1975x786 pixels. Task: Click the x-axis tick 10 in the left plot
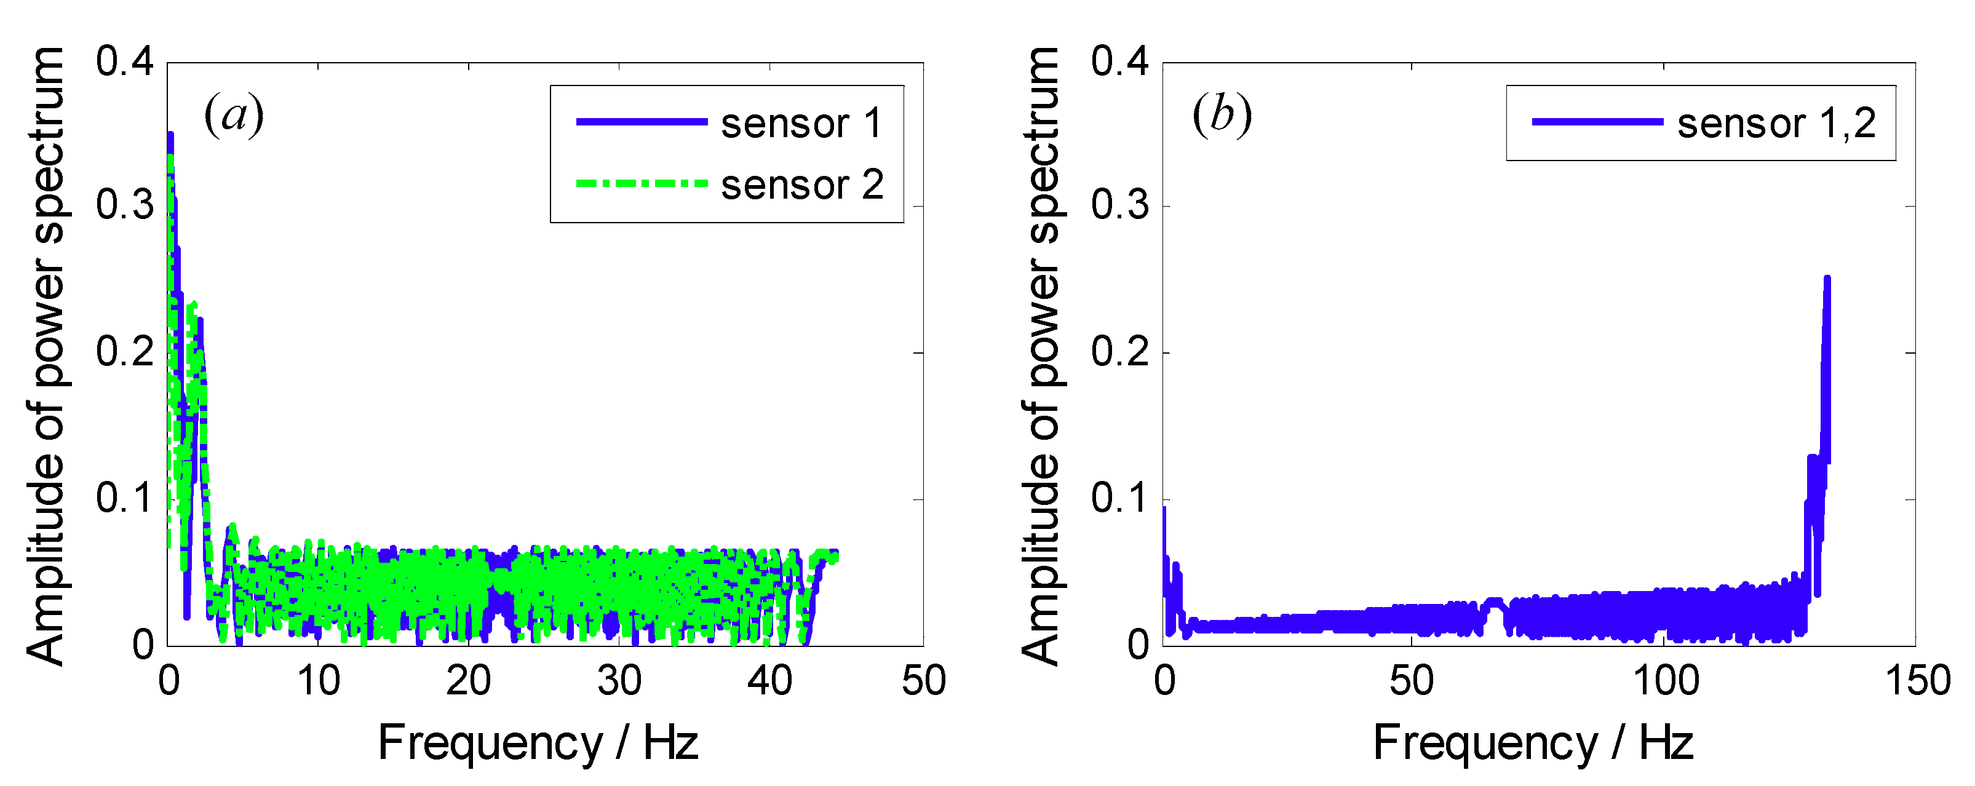(x=318, y=680)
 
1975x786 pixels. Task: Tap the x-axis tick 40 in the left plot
(x=769, y=680)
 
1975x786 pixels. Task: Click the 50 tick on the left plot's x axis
(x=923, y=680)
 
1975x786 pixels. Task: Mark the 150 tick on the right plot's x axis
(x=1917, y=680)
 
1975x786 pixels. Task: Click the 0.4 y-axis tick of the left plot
(x=124, y=62)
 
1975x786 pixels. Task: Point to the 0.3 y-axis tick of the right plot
(x=1119, y=205)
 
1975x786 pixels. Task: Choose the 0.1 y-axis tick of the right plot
(x=1119, y=498)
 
